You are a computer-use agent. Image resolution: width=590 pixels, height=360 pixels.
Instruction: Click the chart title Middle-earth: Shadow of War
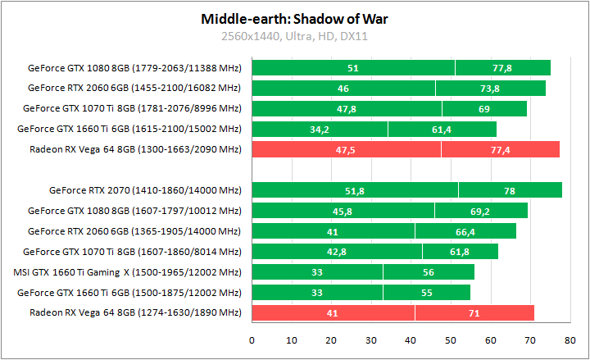pyautogui.click(x=295, y=19)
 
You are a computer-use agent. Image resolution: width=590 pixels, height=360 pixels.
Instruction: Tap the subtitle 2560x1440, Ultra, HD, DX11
pyautogui.click(x=295, y=36)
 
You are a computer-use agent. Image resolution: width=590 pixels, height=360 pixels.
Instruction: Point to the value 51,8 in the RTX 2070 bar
pyautogui.click(x=355, y=190)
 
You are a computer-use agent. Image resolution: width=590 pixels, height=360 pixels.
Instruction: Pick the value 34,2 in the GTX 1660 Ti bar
pyautogui.click(x=320, y=129)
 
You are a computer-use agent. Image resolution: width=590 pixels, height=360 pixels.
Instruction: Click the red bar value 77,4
pyautogui.click(x=500, y=149)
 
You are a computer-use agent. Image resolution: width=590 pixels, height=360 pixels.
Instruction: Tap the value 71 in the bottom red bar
pyautogui.click(x=474, y=312)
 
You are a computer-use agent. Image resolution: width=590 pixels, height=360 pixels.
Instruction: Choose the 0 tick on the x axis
pyautogui.click(x=252, y=339)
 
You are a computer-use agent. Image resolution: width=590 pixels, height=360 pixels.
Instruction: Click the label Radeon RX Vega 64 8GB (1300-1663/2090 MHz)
pyautogui.click(x=135, y=149)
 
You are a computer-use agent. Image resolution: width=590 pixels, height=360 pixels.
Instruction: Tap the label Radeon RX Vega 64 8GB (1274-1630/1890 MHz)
pyautogui.click(x=135, y=312)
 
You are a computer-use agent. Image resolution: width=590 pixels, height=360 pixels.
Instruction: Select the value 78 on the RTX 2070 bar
pyautogui.click(x=510, y=190)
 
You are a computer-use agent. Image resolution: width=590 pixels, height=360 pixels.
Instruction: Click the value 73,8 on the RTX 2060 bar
pyautogui.click(x=490, y=88)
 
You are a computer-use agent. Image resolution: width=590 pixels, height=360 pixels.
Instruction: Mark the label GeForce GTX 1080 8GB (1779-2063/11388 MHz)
pyautogui.click(x=134, y=68)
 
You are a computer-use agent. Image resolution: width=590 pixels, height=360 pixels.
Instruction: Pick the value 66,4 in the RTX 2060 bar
pyautogui.click(x=465, y=231)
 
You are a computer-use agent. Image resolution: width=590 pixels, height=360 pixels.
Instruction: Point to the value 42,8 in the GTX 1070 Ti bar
pyautogui.click(x=337, y=252)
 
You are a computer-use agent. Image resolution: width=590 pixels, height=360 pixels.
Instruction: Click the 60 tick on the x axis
pyautogui.click(x=491, y=339)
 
